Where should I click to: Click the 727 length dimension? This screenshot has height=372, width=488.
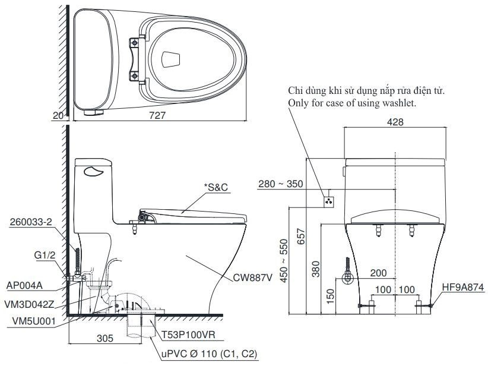click(x=158, y=116)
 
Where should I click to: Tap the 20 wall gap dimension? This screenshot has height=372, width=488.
click(x=58, y=116)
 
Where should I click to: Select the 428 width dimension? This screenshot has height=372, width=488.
click(x=395, y=122)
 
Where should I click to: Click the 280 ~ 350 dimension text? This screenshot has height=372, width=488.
click(x=281, y=184)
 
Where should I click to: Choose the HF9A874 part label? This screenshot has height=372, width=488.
click(x=462, y=286)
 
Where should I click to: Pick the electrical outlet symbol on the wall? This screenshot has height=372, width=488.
click(x=328, y=201)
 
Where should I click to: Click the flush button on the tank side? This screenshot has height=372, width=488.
click(x=93, y=172)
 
